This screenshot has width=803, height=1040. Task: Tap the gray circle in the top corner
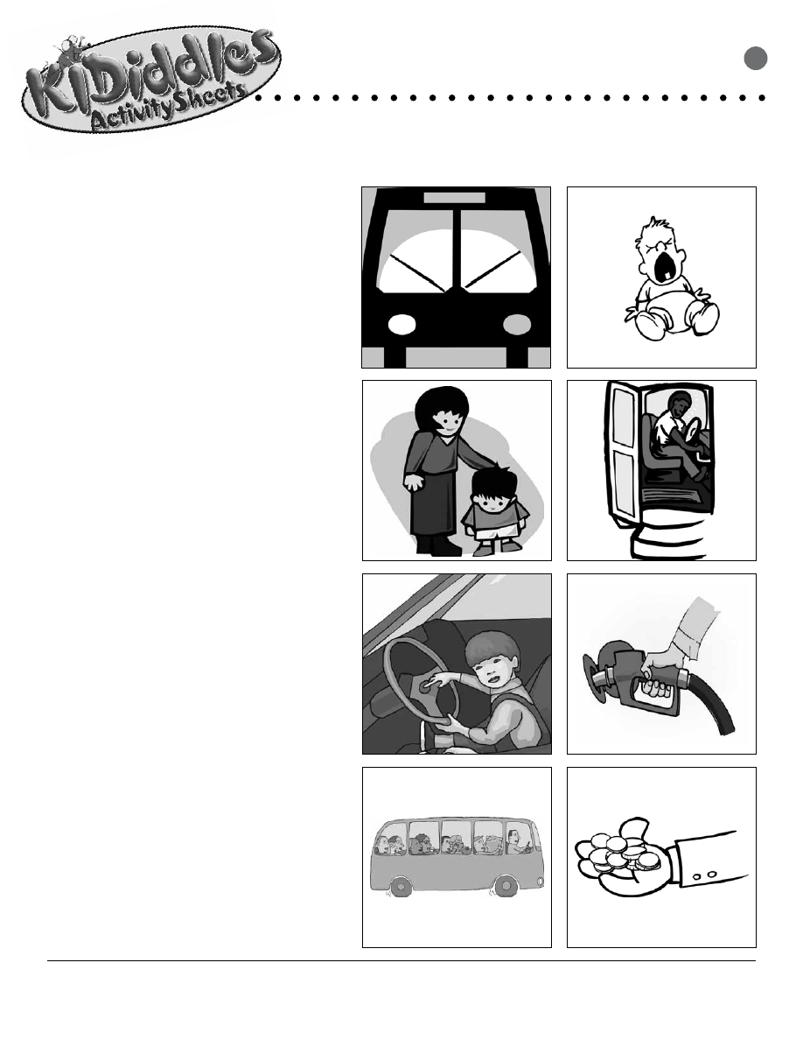point(755,59)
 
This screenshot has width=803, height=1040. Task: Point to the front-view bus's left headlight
point(401,324)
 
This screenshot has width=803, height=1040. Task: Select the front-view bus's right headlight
point(517,324)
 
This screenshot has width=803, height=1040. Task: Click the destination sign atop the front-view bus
point(455,198)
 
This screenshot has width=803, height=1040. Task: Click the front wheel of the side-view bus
point(506,885)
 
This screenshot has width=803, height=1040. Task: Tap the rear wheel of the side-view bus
point(400,886)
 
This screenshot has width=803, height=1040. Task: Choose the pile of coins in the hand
point(623,854)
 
